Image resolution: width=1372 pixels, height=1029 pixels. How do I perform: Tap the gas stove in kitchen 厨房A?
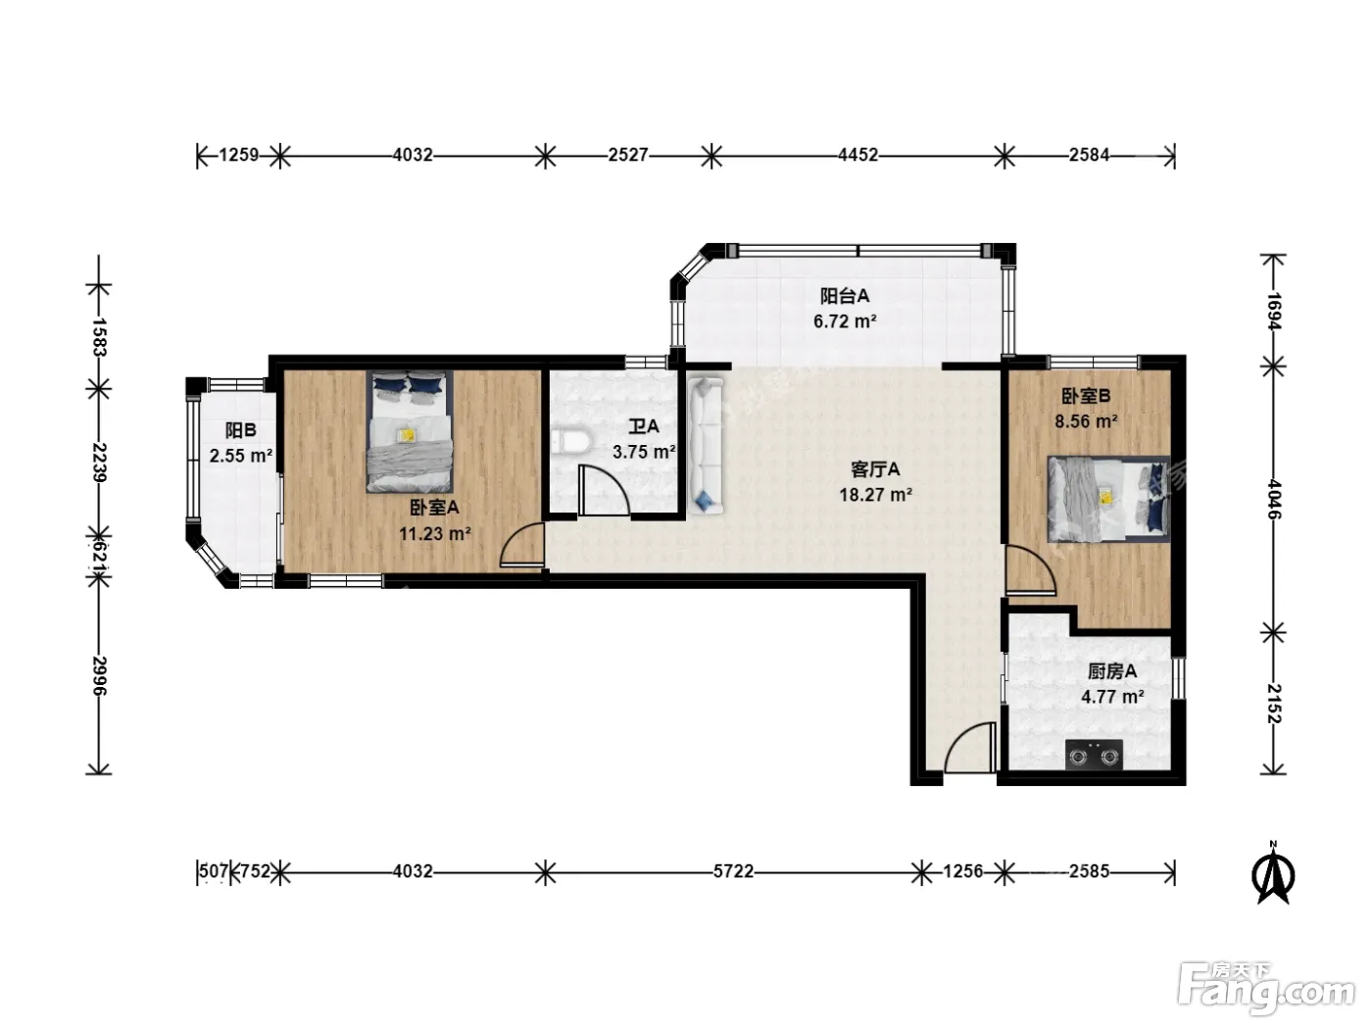point(1094,756)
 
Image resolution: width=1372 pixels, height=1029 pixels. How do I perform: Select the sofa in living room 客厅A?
point(706,446)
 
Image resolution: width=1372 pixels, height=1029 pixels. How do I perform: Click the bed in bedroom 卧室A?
point(410,431)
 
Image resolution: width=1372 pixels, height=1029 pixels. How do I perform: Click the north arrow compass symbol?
point(1273,873)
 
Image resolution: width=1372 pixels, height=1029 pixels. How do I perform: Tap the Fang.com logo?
point(1266,992)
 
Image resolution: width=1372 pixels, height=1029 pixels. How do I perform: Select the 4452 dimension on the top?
point(857,155)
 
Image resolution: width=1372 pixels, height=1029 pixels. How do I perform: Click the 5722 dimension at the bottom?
point(733,871)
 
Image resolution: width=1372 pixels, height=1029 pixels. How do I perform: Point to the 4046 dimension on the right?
point(1273,500)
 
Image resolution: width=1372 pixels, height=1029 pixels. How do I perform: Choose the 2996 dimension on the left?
point(99,676)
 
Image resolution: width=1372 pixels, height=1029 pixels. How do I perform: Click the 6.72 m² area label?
point(845,321)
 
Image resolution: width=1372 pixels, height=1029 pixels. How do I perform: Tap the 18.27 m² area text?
point(875,495)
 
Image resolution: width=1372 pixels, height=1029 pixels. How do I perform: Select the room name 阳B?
point(241,430)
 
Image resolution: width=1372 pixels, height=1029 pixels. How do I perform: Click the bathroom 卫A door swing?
point(603,490)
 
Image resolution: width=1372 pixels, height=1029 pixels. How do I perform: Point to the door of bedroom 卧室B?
point(1030,569)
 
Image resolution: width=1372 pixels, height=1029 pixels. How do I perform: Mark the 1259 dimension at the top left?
point(239,155)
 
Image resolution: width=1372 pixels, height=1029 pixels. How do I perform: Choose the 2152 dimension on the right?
point(1273,704)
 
